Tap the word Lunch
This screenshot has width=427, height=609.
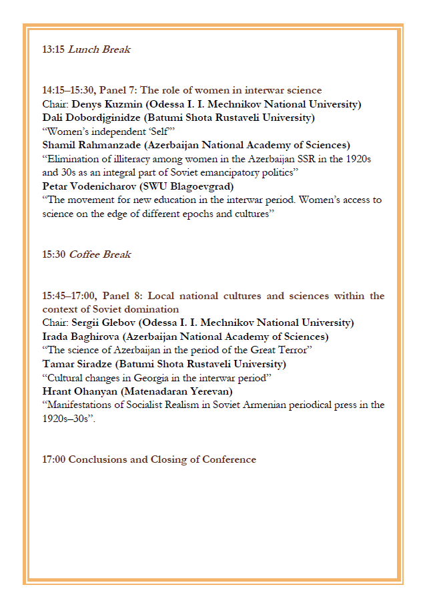85,49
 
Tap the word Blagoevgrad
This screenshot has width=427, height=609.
199,186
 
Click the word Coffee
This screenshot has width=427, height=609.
87,254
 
